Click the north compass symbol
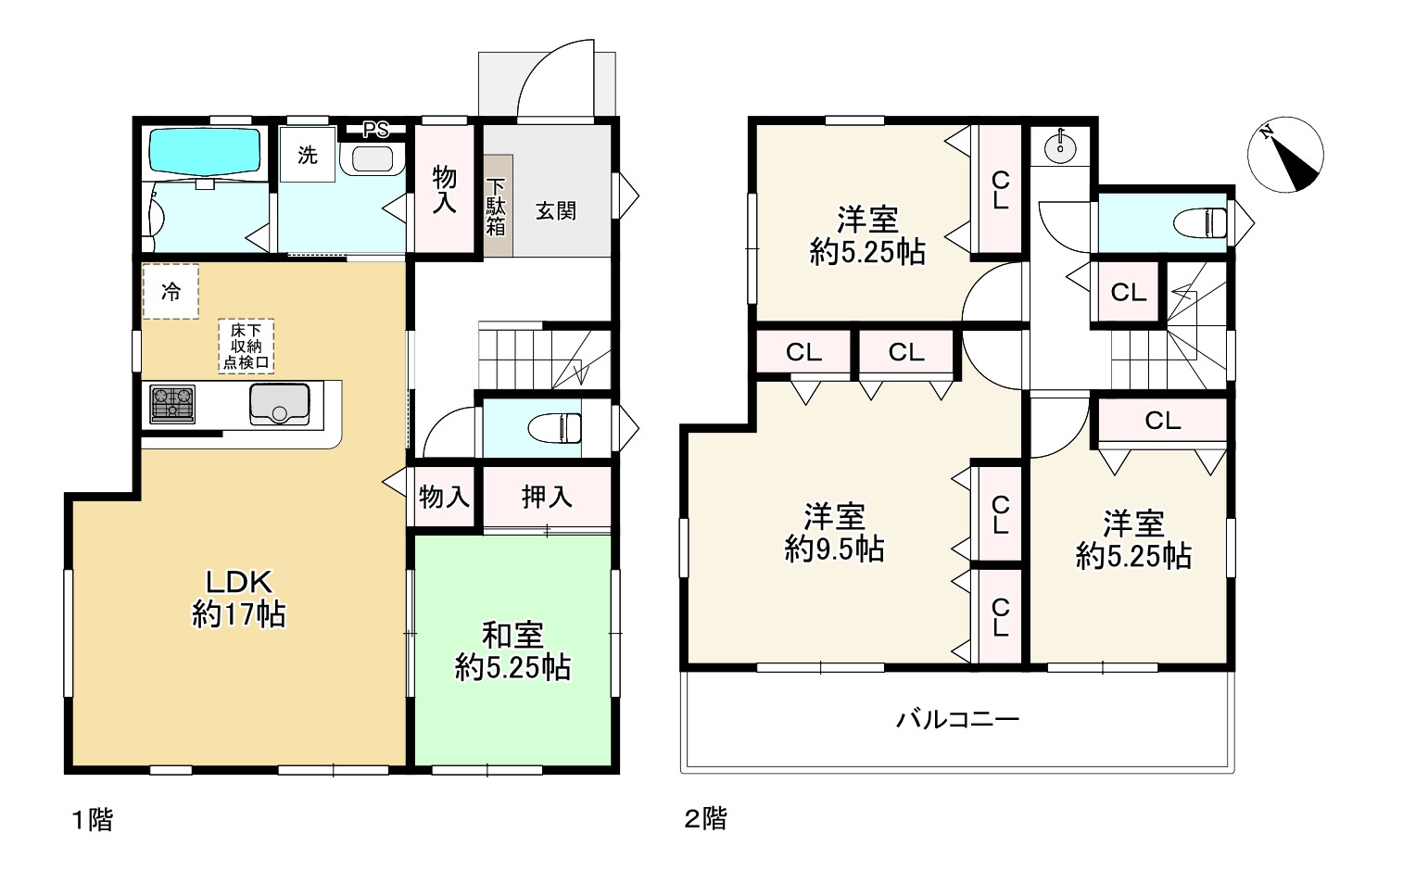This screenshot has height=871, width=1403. [1285, 155]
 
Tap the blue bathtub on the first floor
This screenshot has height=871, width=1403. [205, 152]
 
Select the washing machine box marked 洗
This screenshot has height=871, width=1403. [307, 154]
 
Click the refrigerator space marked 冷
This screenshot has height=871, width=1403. [171, 291]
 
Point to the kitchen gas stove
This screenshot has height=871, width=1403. [172, 404]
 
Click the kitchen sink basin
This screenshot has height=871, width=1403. [279, 404]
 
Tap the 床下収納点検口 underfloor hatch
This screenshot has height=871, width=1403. [246, 346]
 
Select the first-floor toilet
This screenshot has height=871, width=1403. [555, 428]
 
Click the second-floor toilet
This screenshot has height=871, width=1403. [1199, 223]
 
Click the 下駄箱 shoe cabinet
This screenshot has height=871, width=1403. [498, 206]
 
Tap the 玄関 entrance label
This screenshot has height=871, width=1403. [556, 211]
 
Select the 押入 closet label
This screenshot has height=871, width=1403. [547, 497]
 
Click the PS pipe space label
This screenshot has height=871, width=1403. [376, 130]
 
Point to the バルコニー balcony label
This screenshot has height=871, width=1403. [957, 719]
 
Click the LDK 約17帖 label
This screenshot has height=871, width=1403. [239, 598]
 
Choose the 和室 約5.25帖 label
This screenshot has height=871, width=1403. [512, 651]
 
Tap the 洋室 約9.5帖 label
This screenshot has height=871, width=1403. [834, 533]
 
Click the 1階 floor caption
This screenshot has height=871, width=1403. [93, 820]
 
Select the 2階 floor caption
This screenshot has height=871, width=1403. [706, 818]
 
